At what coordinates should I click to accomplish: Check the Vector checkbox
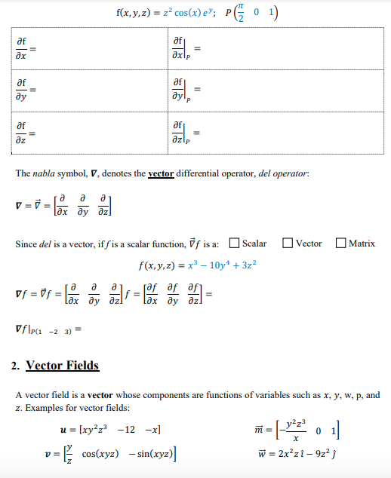pyautogui.click(x=288, y=244)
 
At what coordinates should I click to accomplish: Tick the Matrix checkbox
pyautogui.click(x=343, y=244)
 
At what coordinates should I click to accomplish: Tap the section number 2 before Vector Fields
pyautogui.click(x=15, y=366)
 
